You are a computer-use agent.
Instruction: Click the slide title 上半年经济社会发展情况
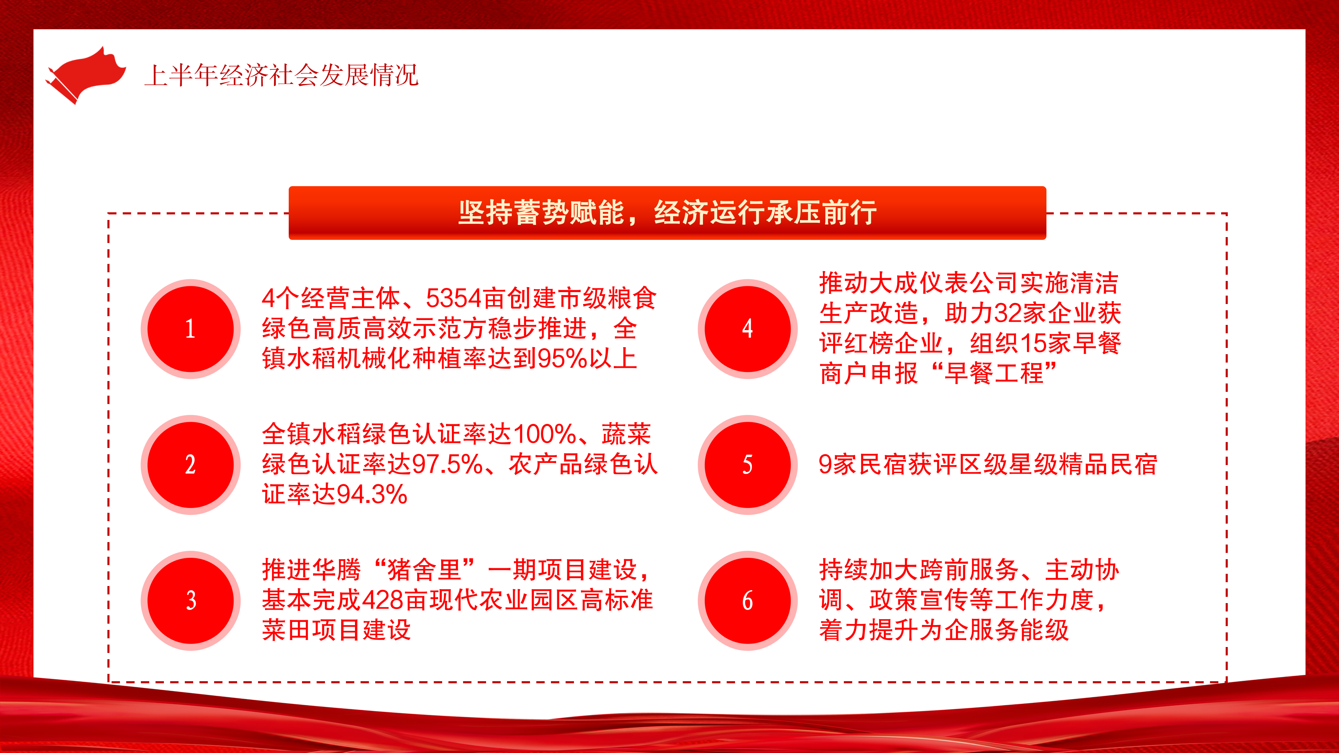(281, 75)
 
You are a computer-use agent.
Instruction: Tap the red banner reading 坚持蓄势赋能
(667, 213)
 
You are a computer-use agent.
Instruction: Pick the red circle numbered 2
(191, 465)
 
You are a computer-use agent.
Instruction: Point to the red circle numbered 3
(191, 600)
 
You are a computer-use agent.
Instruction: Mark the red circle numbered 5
(748, 465)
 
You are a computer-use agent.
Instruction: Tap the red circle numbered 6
(748, 600)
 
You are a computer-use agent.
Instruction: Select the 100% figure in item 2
(544, 434)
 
